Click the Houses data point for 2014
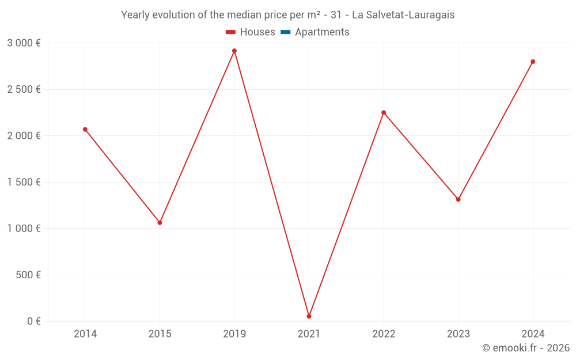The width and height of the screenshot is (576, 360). coord(85,130)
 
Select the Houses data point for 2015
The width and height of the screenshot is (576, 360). coord(160,222)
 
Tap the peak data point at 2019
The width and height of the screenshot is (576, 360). coord(234,51)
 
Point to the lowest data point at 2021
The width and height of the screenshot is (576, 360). coord(309,316)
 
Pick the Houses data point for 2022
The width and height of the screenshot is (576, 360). coord(384,112)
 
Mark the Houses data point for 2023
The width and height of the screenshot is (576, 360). coord(458,199)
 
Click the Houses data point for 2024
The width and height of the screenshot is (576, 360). coord(533,62)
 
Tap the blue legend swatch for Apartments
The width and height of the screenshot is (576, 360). coord(285,32)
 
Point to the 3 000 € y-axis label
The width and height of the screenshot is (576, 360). coord(24,43)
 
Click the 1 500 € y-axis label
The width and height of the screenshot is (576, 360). coord(24,182)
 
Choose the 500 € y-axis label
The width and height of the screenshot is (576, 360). coord(27,275)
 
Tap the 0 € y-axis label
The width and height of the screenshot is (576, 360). coord(34,321)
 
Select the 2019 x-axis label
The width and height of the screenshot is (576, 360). coord(234,334)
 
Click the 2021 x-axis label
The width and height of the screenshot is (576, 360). coord(309,334)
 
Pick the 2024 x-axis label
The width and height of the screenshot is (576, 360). coord(533,334)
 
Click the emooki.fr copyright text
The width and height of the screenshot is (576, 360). coord(526,348)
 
